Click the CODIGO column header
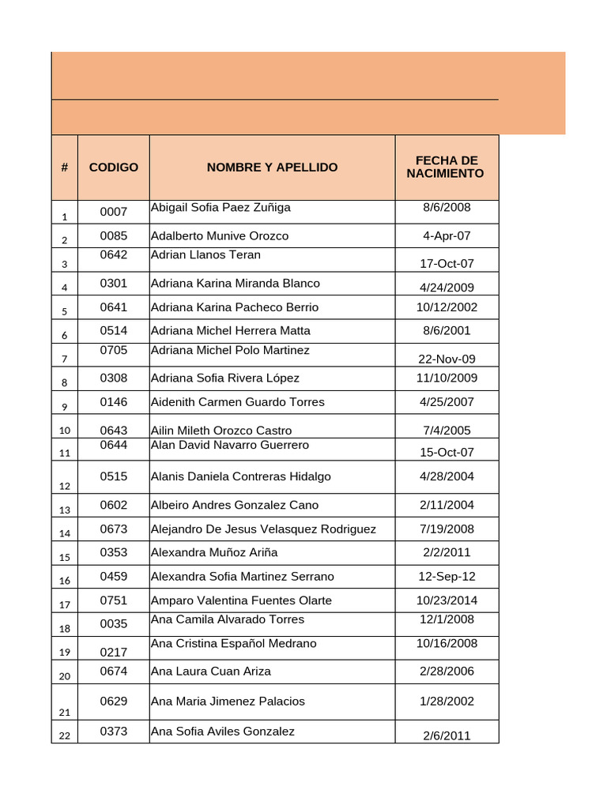[114, 167]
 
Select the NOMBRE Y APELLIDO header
[272, 167]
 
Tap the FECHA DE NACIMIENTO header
[447, 167]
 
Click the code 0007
[114, 212]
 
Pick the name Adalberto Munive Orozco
[220, 236]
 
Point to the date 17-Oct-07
[447, 264]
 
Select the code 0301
[114, 283]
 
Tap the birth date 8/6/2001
[447, 330]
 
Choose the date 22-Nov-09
[447, 359]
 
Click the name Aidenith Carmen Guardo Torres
[238, 402]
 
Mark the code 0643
[114, 431]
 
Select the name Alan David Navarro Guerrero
[230, 446]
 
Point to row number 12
[65, 486]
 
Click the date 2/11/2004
[447, 505]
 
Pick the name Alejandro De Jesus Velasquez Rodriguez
[263, 529]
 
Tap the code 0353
[114, 552]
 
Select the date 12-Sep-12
[447, 577]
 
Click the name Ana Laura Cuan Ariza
[211, 672]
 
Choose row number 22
[65, 736]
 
